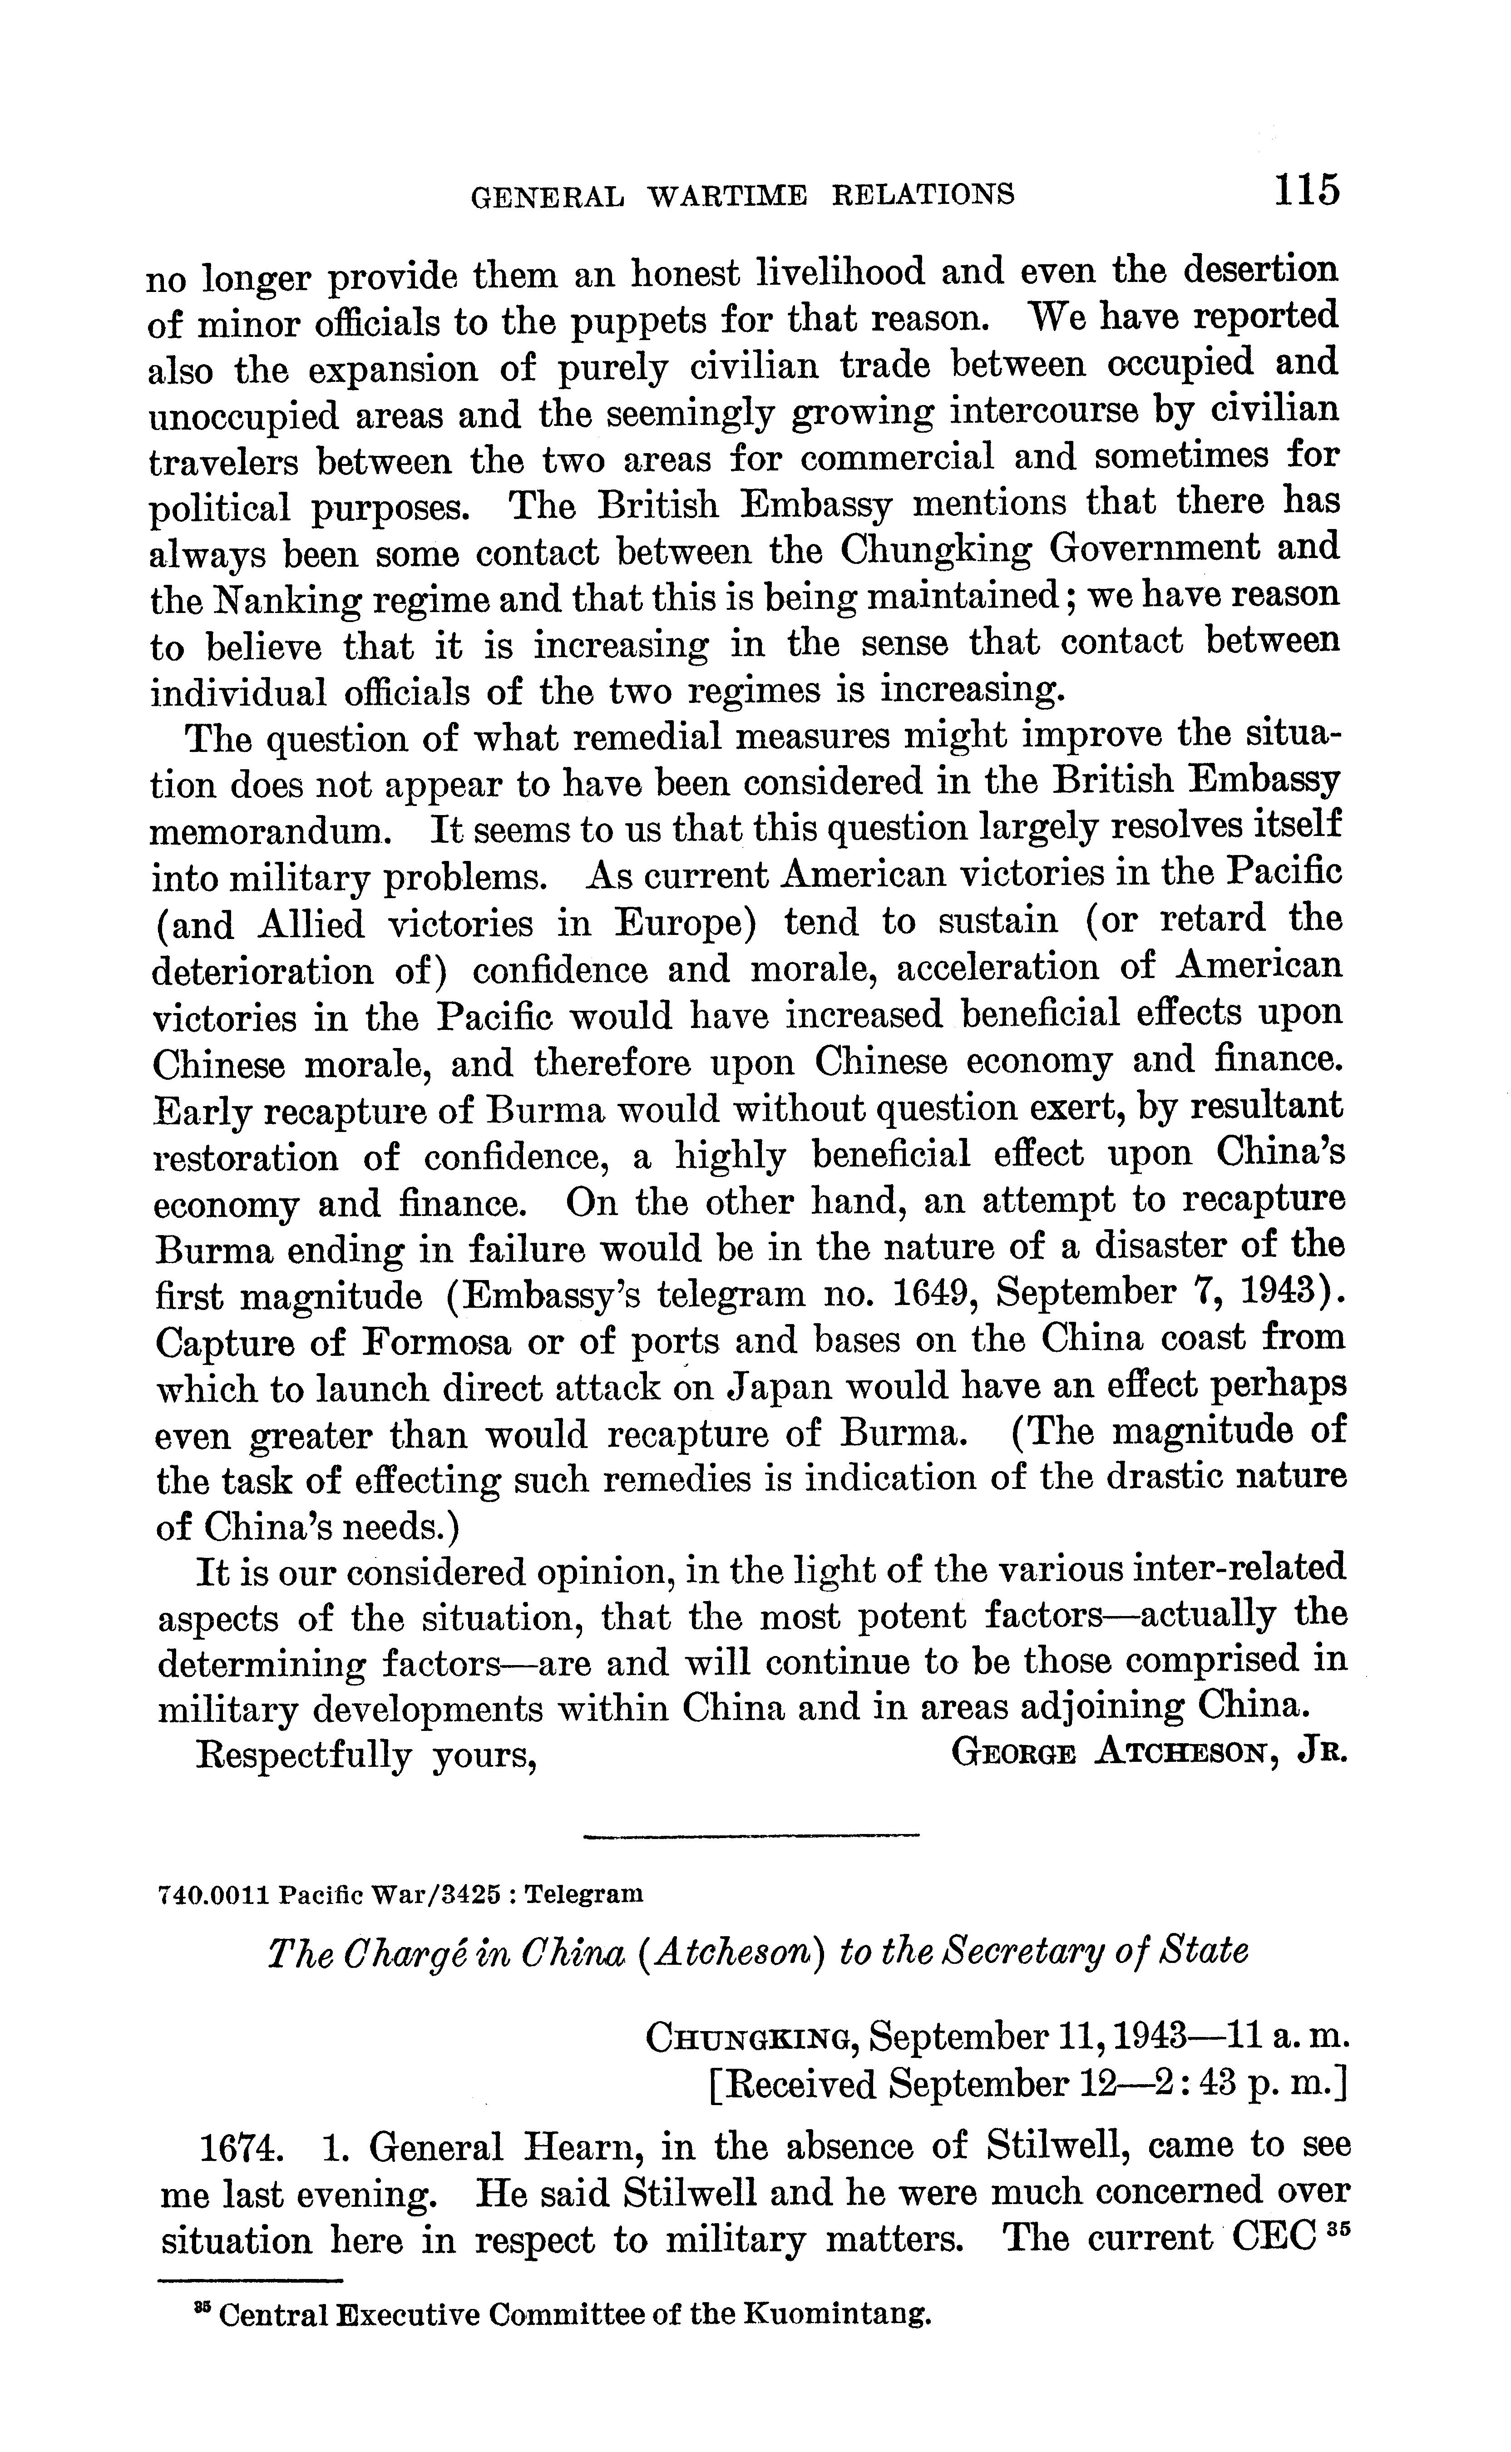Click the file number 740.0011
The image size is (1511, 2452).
215,1893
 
